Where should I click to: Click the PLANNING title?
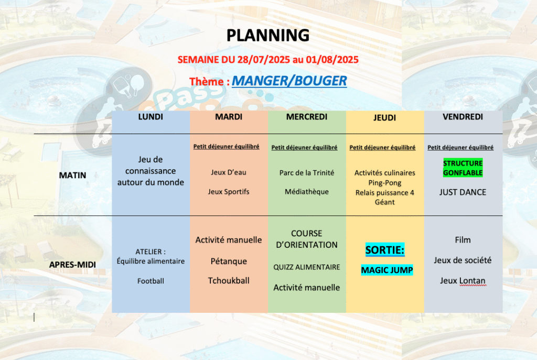click(268, 36)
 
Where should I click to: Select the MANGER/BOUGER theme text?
click(289, 81)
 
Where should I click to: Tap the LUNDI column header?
click(151, 117)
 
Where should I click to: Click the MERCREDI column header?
click(307, 117)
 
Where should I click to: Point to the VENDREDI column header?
click(463, 117)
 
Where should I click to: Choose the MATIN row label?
click(72, 175)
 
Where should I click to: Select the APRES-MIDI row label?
click(72, 265)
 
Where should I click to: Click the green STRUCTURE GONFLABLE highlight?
click(463, 168)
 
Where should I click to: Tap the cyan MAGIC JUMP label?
click(387, 270)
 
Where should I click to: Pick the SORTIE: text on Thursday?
click(385, 250)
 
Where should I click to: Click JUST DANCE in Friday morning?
click(463, 192)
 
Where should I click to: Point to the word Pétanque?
click(229, 261)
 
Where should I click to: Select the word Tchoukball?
click(229, 280)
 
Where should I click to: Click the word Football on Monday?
click(151, 281)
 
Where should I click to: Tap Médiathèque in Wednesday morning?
click(307, 192)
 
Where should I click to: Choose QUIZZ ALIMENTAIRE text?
click(307, 267)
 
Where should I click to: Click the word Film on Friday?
click(463, 240)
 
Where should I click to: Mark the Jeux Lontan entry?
click(463, 280)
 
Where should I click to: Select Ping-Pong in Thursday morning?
click(385, 183)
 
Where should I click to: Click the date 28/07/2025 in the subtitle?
click(264, 60)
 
